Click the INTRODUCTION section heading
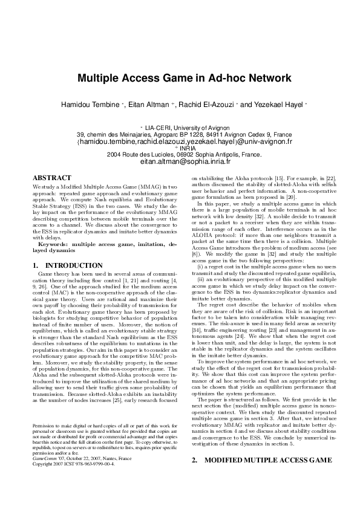[x=74, y=265]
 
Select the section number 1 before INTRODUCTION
[x=34, y=265]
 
